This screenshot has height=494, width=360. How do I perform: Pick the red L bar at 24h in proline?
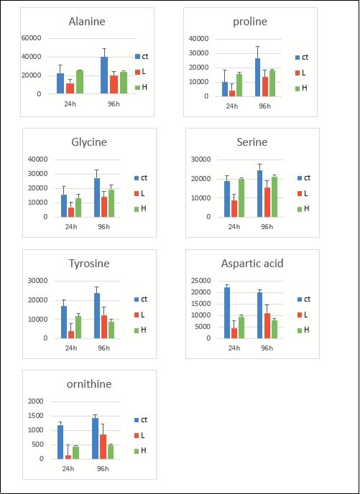(x=232, y=93)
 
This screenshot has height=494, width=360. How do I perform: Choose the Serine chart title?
(x=250, y=143)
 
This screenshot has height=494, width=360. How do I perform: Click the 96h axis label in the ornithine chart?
(x=103, y=468)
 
